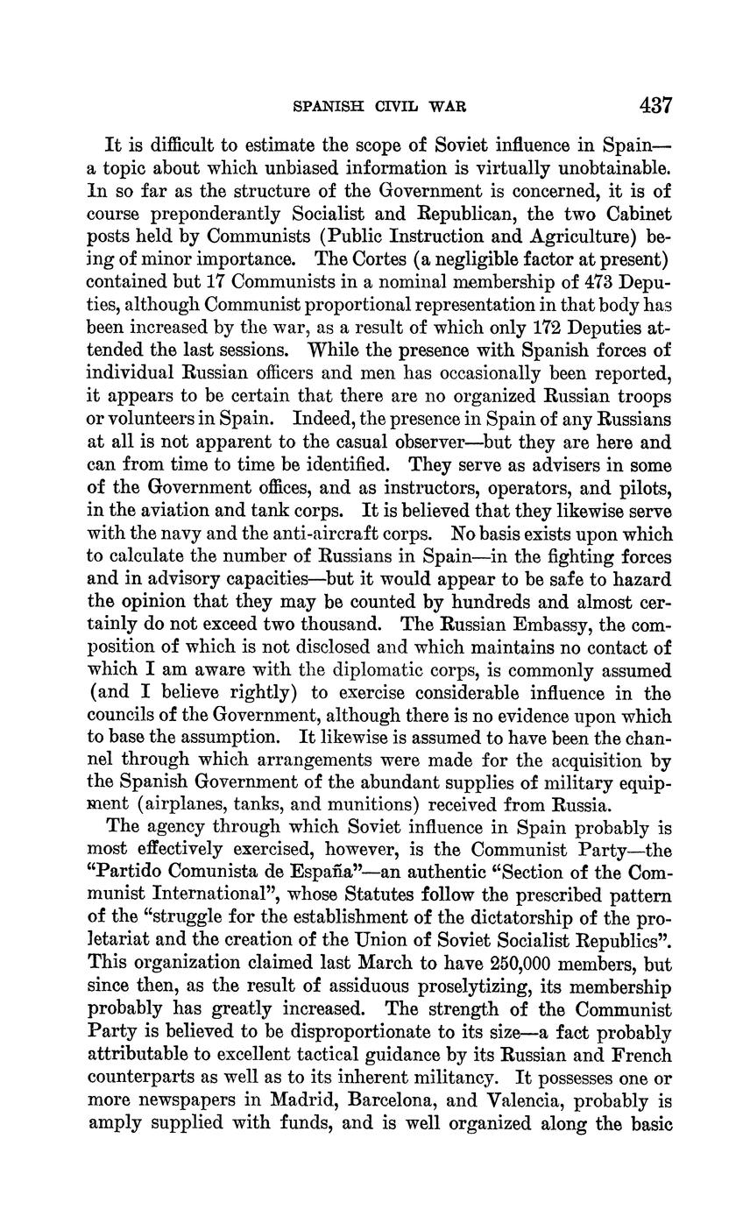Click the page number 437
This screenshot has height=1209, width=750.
pos(655,106)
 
